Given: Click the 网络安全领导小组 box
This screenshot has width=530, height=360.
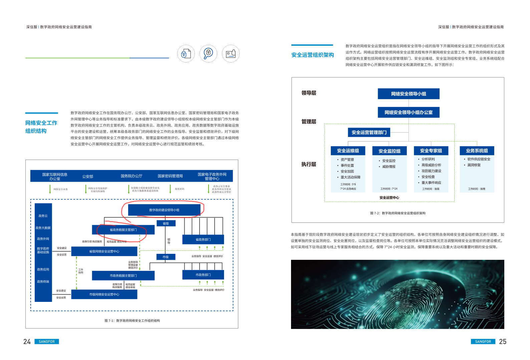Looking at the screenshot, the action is (409, 94).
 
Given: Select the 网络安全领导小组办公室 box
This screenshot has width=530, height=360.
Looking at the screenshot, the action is (409, 113).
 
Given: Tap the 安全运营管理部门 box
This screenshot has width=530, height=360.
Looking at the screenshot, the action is (369, 133).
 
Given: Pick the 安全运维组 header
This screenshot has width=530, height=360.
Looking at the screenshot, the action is (348, 151).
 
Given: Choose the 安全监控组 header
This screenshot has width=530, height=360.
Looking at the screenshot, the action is (389, 151).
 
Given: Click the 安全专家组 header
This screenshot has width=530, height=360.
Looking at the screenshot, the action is (431, 151).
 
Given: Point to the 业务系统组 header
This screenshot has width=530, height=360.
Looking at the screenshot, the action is (477, 151).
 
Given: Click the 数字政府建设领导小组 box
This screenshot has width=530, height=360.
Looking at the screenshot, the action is (164, 210).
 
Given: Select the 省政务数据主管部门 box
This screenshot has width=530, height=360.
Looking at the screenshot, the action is (123, 230).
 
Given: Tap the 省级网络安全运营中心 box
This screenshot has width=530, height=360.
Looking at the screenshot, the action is (104, 251).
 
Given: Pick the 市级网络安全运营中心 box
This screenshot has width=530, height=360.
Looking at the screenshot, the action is (104, 295).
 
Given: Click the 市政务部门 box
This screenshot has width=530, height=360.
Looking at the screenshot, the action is (203, 275).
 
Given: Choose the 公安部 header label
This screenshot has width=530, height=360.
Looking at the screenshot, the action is (88, 176).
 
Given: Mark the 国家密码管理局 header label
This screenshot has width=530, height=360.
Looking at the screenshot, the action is (170, 176).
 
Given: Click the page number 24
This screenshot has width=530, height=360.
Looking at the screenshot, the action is (27, 342).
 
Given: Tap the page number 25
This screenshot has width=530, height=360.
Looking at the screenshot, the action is (503, 342).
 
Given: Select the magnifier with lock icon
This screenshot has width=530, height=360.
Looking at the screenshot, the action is (208, 53).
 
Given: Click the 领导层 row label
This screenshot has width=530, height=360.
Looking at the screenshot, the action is (309, 93).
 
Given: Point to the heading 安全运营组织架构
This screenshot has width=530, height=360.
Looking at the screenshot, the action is (312, 55).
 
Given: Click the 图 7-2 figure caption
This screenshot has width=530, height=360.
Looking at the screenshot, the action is (397, 213).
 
